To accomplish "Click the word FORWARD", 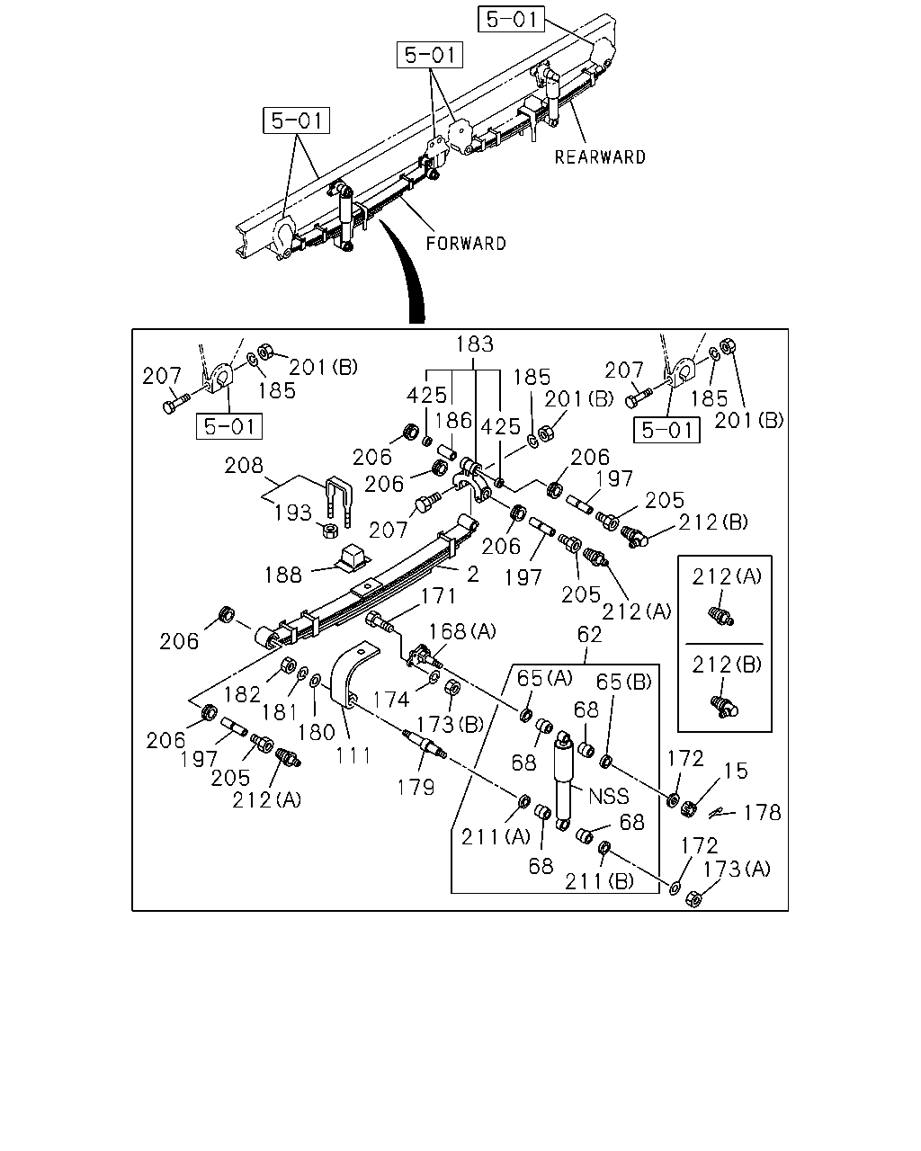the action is pyautogui.click(x=466, y=244).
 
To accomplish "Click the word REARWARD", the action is pyautogui.click(x=600, y=157).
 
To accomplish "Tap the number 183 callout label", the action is pyautogui.click(x=474, y=344).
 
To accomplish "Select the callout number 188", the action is pyautogui.click(x=283, y=575).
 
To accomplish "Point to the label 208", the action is pyautogui.click(x=244, y=466).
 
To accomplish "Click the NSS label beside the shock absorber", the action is pyautogui.click(x=609, y=797).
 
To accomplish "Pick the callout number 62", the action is pyautogui.click(x=589, y=635).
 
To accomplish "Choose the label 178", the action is pyautogui.click(x=763, y=813).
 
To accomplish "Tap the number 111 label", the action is pyautogui.click(x=353, y=756).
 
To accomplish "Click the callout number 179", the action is pyautogui.click(x=416, y=788).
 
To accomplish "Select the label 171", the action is pyautogui.click(x=438, y=596).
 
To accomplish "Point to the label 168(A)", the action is pyautogui.click(x=462, y=631).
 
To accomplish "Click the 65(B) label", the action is pyautogui.click(x=624, y=682).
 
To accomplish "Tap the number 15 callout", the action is pyautogui.click(x=736, y=772).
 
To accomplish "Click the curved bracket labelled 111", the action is pyautogui.click(x=348, y=675).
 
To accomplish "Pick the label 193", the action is pyautogui.click(x=292, y=513).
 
